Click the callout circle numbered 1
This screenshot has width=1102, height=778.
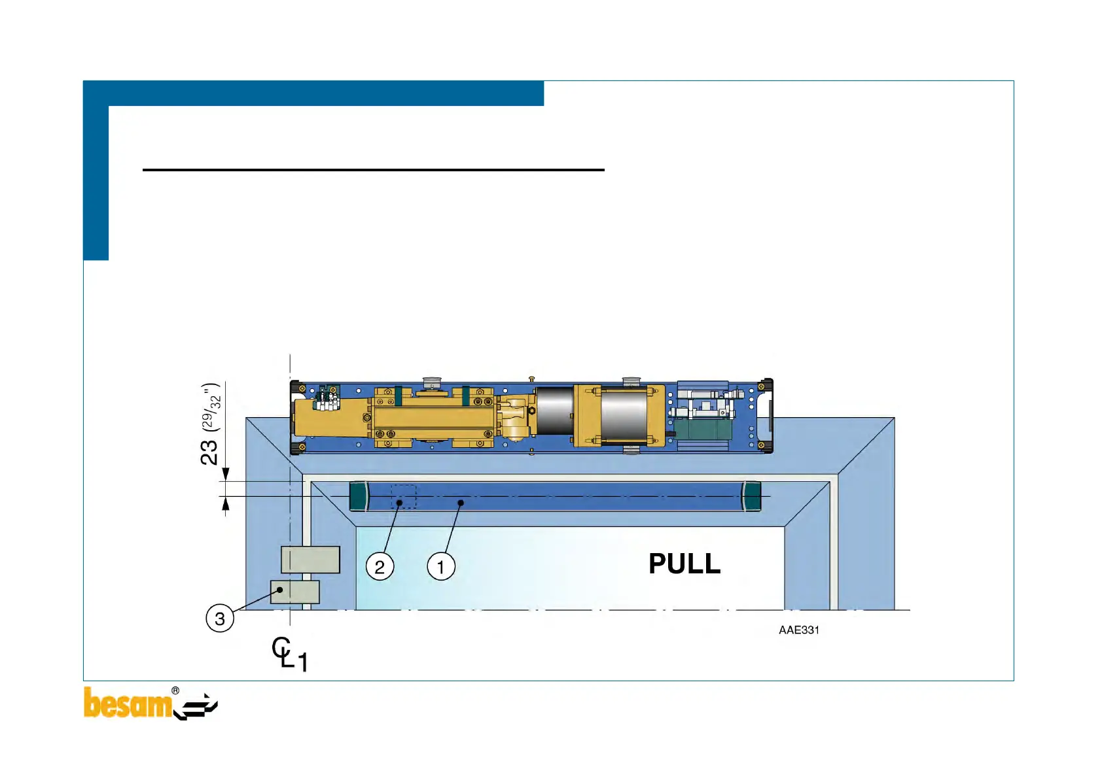(441, 566)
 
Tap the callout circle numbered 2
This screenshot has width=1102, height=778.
(380, 566)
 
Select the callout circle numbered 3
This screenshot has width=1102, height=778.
(220, 618)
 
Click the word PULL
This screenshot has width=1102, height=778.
(684, 564)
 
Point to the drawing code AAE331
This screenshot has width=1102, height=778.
(798, 630)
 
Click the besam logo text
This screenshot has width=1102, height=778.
(128, 704)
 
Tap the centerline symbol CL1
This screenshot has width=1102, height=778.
(289, 654)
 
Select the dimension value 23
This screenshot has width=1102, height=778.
(209, 452)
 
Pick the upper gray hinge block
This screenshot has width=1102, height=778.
(310, 560)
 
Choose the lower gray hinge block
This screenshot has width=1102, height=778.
(295, 592)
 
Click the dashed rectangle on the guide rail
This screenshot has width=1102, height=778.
(404, 497)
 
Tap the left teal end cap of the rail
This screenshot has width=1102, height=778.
(359, 496)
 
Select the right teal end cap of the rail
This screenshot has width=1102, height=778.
(751, 496)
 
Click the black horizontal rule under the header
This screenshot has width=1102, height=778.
(373, 170)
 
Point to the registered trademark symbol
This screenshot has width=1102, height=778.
(175, 690)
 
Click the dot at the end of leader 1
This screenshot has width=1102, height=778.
(461, 503)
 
